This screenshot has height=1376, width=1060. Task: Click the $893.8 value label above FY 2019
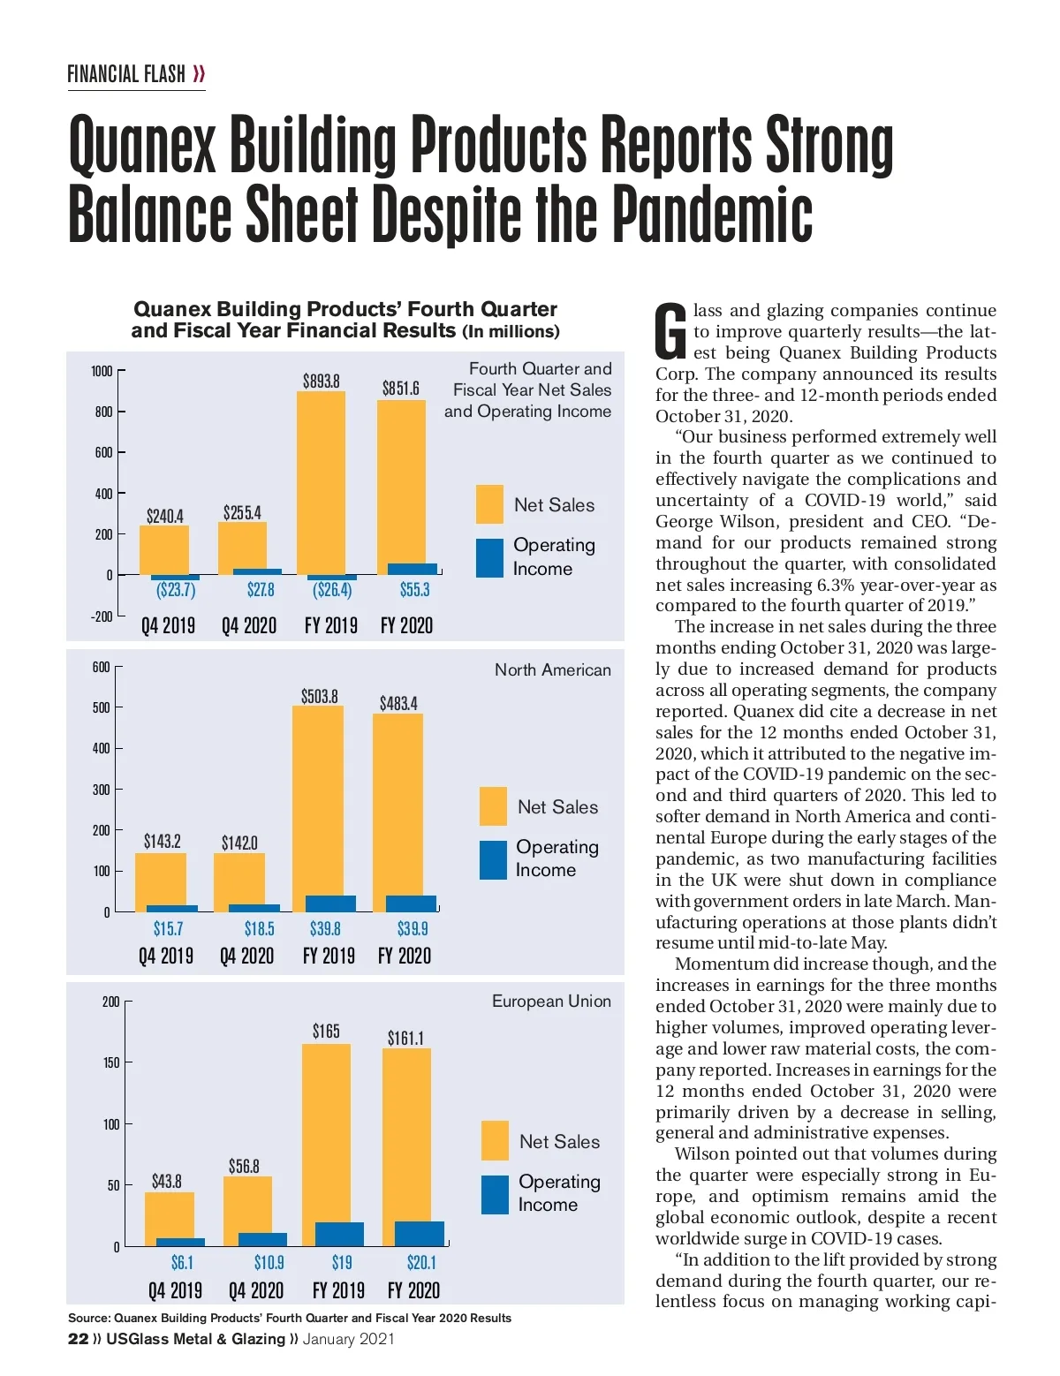click(x=322, y=381)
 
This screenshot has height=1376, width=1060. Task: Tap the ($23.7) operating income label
click(x=176, y=590)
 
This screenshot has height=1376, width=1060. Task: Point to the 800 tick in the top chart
click(x=103, y=412)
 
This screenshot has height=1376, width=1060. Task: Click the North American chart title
click(x=552, y=669)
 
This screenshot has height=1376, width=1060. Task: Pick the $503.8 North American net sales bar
click(x=318, y=799)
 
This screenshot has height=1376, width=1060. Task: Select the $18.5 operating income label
click(x=260, y=928)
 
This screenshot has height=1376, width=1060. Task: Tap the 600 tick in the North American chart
click(x=102, y=667)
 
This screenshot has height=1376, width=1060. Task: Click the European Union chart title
click(x=551, y=1001)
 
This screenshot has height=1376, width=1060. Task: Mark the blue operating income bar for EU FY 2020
click(x=420, y=1234)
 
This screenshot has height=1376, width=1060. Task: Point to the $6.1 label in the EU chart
click(x=182, y=1263)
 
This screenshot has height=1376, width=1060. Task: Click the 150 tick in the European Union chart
click(x=110, y=1062)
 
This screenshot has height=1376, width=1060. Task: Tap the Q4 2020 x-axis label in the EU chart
click(x=256, y=1290)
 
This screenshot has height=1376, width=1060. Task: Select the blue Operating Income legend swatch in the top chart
click(x=489, y=558)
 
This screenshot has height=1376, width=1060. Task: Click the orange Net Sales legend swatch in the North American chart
click(x=493, y=806)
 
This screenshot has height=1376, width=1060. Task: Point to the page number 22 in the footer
click(x=78, y=1339)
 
